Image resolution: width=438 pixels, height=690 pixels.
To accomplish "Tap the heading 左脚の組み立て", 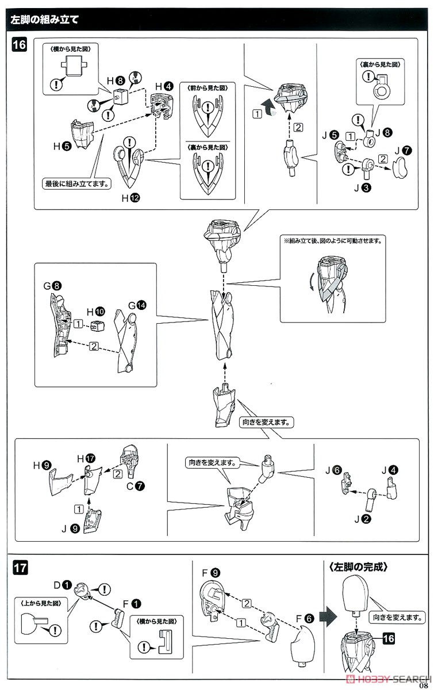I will tap(45, 18).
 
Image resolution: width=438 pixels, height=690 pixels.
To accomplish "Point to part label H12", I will tap(130, 198).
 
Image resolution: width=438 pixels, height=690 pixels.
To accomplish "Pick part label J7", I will tap(402, 151).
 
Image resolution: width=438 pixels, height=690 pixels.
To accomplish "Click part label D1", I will tap(62, 585).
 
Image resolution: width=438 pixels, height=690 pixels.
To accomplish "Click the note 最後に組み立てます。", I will tap(78, 185).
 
